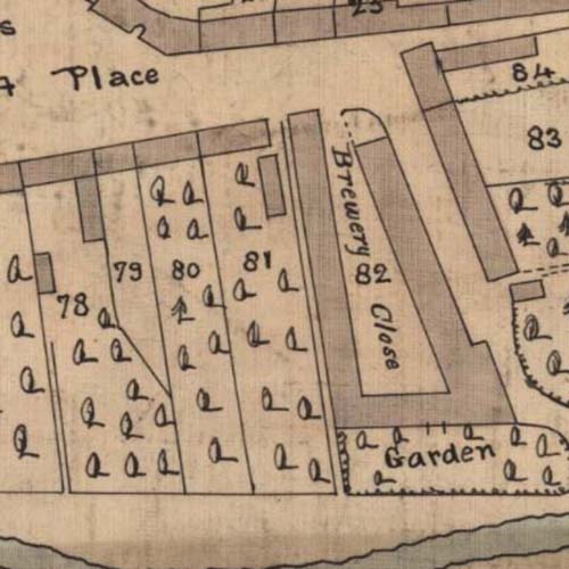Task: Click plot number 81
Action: pos(255,262)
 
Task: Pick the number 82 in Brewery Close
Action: pos(373,275)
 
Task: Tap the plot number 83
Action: pos(543,138)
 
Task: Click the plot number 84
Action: pos(532,73)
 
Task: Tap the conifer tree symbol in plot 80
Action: pos(182,311)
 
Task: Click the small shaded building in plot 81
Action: pos(271,185)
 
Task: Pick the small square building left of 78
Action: pos(44,273)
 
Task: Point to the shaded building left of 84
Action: pos(486,53)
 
